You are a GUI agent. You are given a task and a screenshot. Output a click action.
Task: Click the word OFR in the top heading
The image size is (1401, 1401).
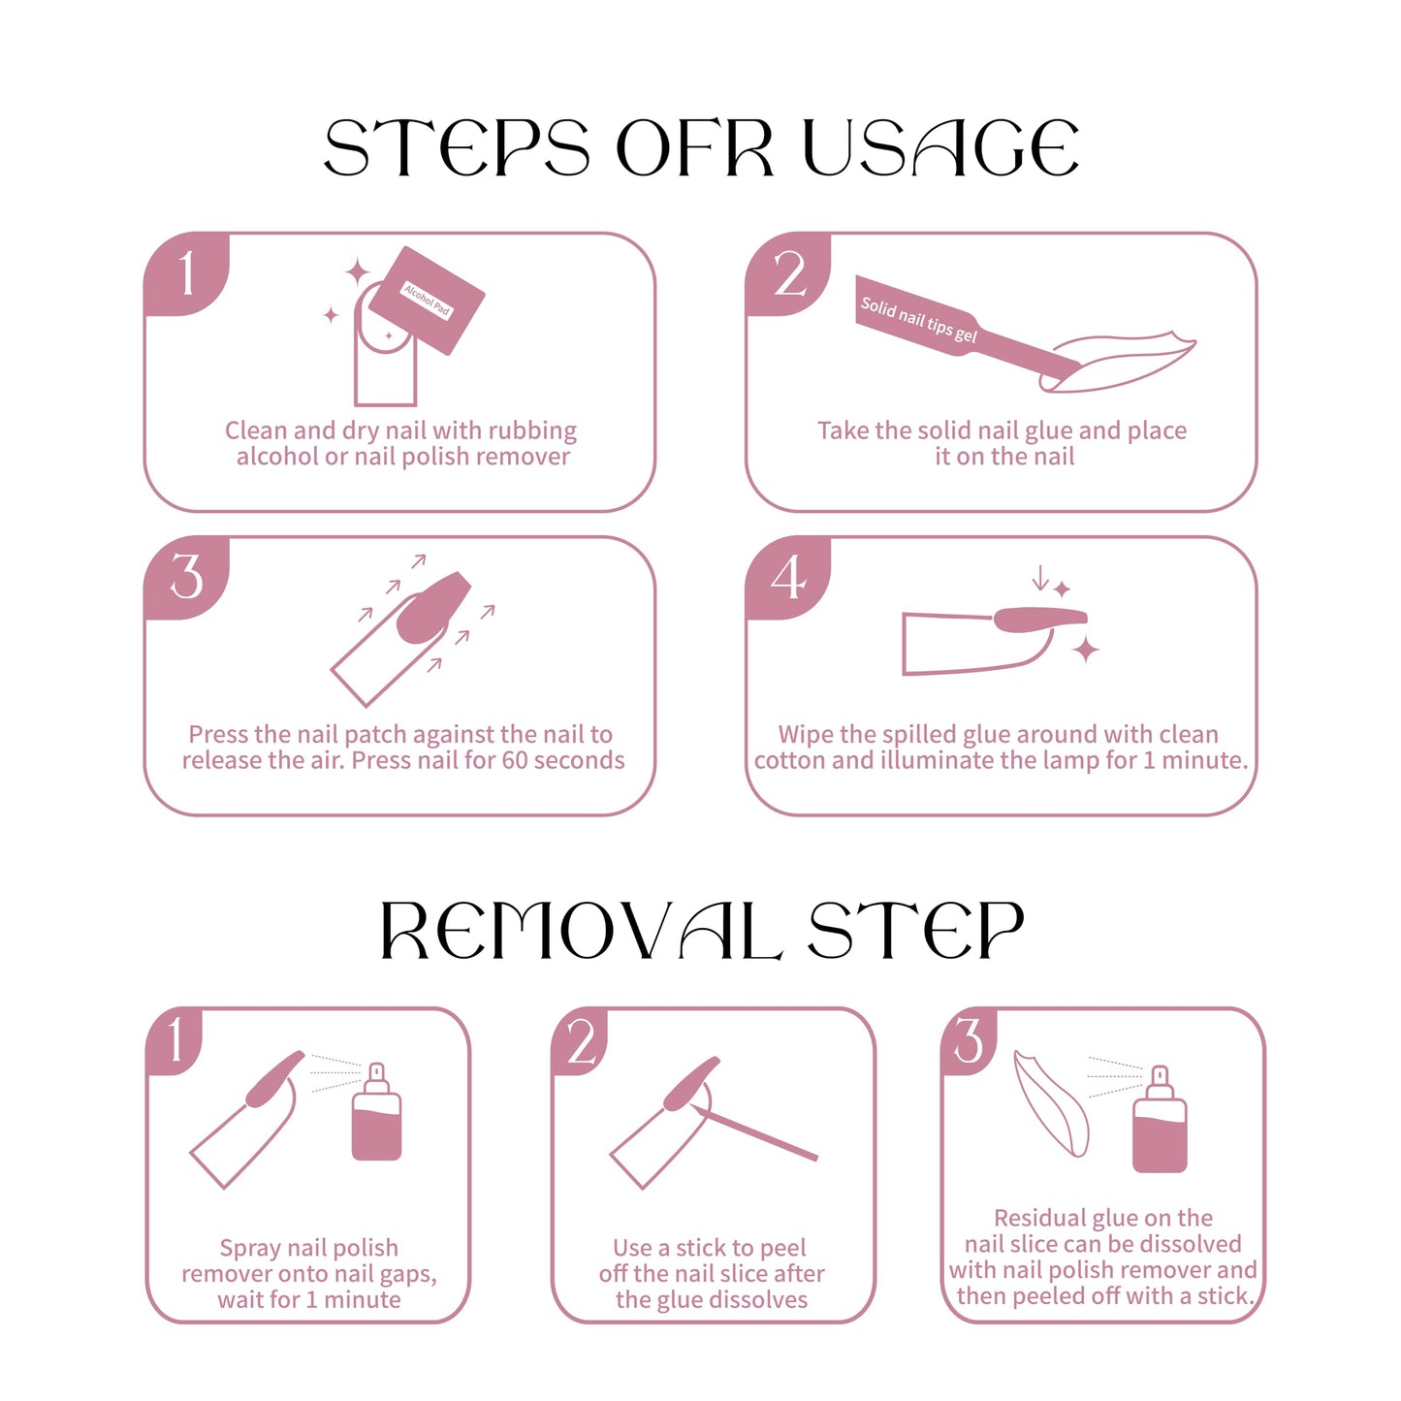click(694, 147)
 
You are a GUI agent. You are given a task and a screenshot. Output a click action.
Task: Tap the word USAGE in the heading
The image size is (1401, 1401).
click(940, 147)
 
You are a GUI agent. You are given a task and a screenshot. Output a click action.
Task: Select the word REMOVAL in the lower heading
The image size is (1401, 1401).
click(582, 931)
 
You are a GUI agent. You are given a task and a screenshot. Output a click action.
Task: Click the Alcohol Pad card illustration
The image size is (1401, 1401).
click(427, 301)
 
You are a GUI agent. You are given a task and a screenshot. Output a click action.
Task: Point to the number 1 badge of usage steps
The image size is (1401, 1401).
click(186, 273)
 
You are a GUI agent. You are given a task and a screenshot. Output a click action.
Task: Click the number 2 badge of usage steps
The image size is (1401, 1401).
click(788, 273)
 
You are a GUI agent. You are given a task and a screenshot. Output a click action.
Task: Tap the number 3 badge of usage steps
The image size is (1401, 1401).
click(186, 578)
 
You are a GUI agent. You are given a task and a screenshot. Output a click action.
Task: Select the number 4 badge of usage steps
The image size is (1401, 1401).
click(788, 578)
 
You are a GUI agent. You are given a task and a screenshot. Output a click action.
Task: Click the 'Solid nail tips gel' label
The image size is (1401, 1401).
click(918, 319)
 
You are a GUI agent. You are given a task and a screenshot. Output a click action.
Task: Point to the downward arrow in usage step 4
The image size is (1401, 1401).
click(1040, 577)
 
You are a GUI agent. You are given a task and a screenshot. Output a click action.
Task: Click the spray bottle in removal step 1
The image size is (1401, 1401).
click(376, 1112)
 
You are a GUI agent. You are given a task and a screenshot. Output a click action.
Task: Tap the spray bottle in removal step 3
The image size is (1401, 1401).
click(1160, 1119)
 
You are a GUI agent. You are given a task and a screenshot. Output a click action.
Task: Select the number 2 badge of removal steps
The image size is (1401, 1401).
click(580, 1042)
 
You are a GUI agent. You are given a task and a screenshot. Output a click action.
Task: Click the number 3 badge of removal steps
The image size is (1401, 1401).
click(969, 1042)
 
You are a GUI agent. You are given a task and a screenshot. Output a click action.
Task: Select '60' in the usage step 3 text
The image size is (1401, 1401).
click(513, 760)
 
